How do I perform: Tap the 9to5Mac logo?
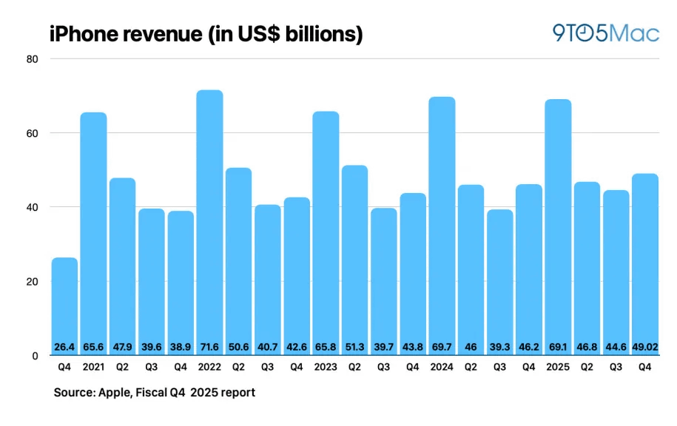point(605,33)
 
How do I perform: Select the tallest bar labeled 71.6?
point(209,222)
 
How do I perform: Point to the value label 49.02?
point(644,346)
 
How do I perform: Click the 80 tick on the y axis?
point(33,59)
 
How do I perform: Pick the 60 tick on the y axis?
point(33,133)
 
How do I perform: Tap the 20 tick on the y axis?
point(33,282)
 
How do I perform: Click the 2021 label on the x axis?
point(93,368)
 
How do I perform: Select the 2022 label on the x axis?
point(209,368)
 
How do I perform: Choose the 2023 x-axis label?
point(326,368)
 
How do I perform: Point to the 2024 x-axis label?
point(442,368)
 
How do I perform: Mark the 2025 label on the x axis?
point(558,368)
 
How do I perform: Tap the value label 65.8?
point(326,346)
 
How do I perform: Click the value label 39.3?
point(499,346)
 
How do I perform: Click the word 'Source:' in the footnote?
point(74,393)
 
